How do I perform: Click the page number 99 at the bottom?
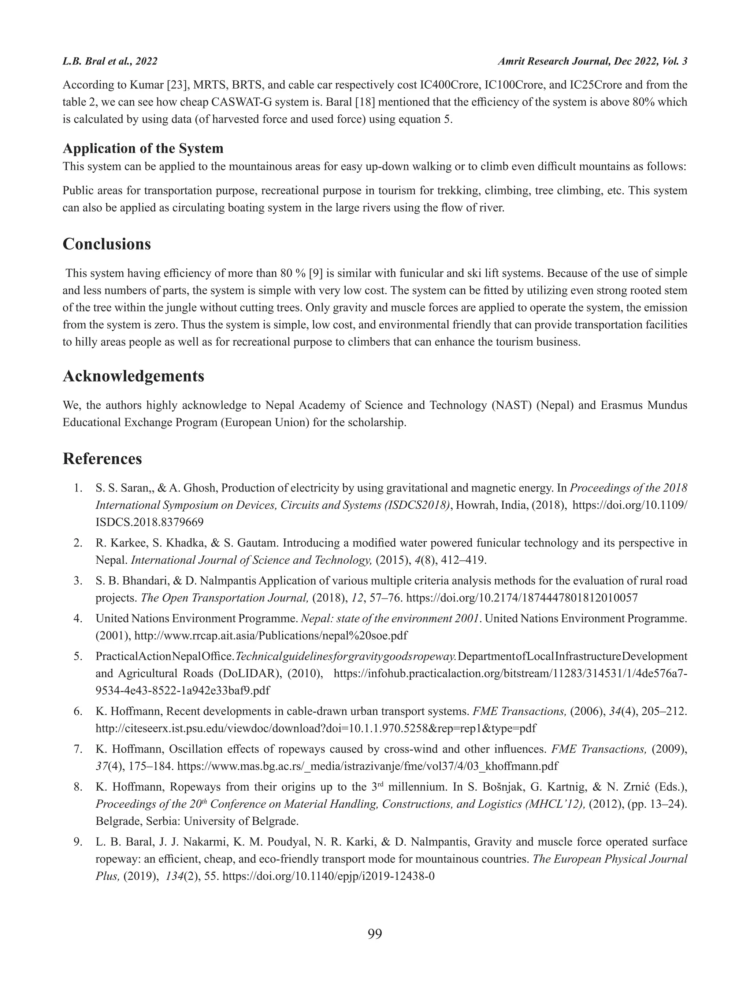[x=375, y=934]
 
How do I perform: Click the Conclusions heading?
[x=107, y=244]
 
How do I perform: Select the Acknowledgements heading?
[x=133, y=376]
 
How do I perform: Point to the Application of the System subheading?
[x=143, y=148]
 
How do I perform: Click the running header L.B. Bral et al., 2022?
[x=110, y=62]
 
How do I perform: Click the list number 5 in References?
[x=78, y=656]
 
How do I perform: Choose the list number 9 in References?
[x=78, y=842]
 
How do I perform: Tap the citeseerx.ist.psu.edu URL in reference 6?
[x=316, y=728]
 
